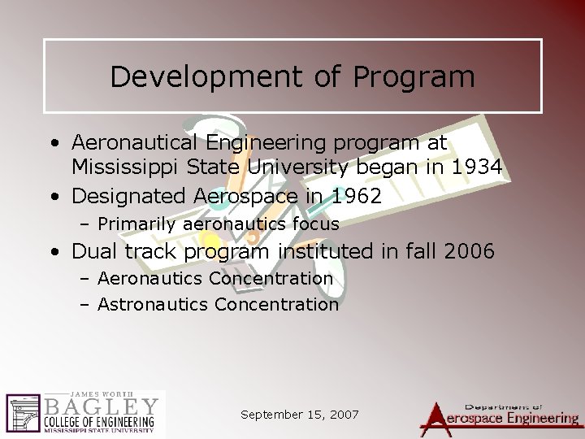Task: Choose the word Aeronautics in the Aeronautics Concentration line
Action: (149, 279)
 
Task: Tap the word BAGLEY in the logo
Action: (102, 406)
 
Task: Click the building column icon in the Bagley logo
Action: (22, 414)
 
